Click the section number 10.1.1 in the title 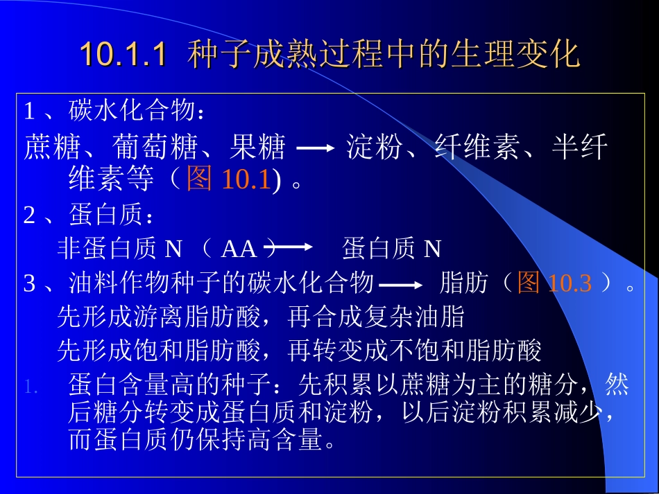(123, 54)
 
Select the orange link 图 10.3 (554, 283)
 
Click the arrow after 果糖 (315, 148)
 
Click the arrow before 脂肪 (401, 285)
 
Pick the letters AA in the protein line (239, 249)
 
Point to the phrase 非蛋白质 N (119, 249)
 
